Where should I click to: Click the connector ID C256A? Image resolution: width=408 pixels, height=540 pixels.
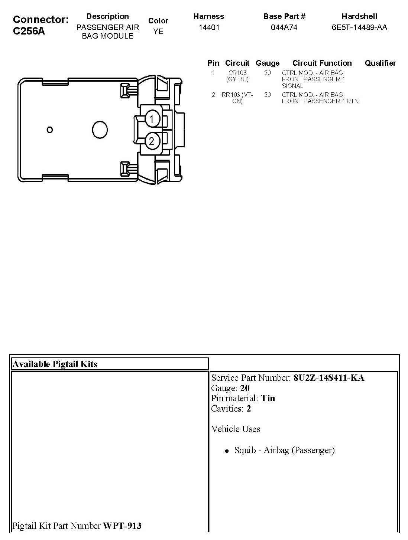coord(29,31)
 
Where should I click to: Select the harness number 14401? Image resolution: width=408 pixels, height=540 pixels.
coord(209,27)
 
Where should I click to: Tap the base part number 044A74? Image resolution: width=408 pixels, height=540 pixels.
coord(284,27)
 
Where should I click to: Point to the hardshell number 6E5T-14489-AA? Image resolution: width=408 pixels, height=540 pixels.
coord(359,27)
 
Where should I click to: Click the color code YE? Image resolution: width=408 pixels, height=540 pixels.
coord(158,32)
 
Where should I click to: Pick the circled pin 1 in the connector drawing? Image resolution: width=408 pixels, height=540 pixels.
coord(152,119)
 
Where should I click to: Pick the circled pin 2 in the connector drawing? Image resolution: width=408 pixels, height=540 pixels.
coord(152,141)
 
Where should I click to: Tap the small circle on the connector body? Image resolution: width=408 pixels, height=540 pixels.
coord(50,130)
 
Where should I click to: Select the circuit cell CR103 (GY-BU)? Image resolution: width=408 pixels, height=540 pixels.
coord(237,76)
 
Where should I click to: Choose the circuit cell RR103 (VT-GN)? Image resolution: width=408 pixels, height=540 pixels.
coord(237,98)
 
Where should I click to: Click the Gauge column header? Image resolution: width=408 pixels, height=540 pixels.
coord(268,63)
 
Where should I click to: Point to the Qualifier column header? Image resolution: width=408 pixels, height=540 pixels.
coord(380,63)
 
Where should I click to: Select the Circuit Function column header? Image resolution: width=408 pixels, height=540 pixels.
coord(322,63)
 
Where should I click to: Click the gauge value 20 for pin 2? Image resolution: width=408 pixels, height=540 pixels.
coord(268,95)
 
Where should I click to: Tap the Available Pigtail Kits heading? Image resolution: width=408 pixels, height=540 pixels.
coord(55,364)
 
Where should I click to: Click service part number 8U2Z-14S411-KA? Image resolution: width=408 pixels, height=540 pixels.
coord(329,378)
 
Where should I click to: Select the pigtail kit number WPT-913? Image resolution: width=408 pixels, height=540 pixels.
coord(122,526)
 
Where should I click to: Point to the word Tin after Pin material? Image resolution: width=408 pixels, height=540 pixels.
coord(268,398)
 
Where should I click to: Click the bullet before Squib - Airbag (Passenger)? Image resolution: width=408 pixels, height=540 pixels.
coord(226,451)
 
